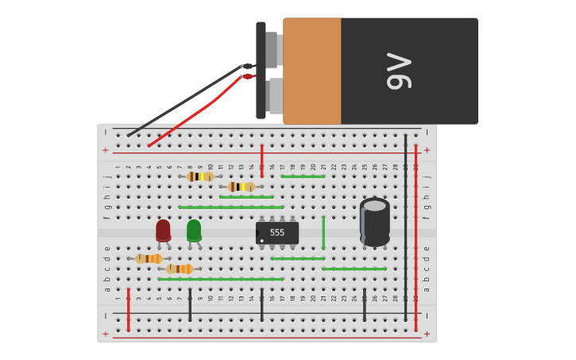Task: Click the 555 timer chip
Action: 277,233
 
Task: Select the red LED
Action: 163,230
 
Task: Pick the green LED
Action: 194,230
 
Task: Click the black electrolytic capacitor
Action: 375,222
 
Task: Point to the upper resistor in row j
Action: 200,176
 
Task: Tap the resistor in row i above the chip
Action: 241,187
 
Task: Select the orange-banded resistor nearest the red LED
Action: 149,258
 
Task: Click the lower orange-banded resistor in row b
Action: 180,269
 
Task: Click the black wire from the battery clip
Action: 183,102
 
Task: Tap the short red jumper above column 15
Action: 261,161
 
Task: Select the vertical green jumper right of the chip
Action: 323,232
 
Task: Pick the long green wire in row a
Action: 220,279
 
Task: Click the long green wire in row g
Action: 230,207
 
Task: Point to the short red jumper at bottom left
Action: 128,310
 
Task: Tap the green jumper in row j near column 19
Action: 303,176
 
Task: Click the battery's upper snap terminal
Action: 272,49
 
